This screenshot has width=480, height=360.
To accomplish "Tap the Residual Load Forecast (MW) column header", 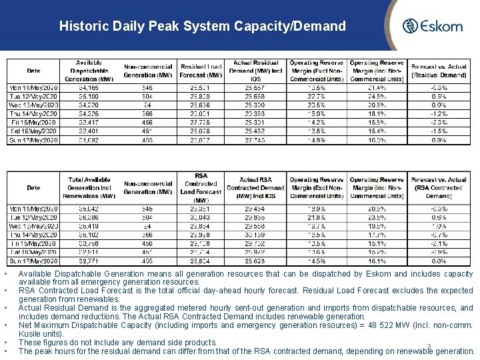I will pyautogui.click(x=200, y=71).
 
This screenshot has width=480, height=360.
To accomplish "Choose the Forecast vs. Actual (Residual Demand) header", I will pyautogui.click(x=438, y=71).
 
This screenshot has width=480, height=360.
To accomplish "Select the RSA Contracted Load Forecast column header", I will pyautogui.click(x=200, y=187).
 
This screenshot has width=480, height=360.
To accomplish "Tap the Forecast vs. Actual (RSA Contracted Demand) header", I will pyautogui.click(x=438, y=187).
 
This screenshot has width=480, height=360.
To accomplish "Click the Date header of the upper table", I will pyautogui.click(x=33, y=71).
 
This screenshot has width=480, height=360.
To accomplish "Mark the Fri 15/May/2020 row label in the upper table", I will pyautogui.click(x=33, y=122).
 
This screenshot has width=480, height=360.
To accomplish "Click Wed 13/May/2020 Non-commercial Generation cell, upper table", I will pyautogui.click(x=147, y=105).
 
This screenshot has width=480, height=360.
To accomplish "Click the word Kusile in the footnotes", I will pyautogui.click(x=30, y=333).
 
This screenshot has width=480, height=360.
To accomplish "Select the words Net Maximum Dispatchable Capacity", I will pyautogui.click(x=73, y=325).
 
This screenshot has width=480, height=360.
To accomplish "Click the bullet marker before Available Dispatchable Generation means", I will pyautogui.click(x=5, y=274).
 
